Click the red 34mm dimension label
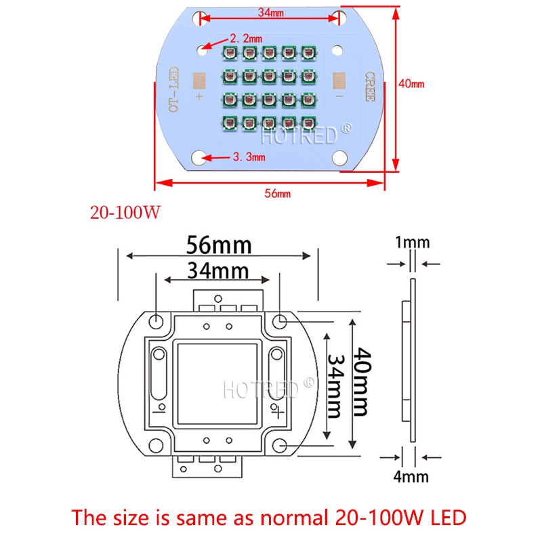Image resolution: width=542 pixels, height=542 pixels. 270,12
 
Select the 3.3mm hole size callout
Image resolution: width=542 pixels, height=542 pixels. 247,157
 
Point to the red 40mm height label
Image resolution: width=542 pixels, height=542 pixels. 411,84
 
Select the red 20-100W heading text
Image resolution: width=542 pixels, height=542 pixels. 125,213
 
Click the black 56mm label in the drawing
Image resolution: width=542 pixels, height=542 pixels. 220,244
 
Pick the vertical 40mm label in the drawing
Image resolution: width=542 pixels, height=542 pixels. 360,382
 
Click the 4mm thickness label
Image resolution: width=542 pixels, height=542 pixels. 411,476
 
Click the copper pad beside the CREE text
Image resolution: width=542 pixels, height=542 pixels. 339,81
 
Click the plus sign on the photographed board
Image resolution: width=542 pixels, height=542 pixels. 199,96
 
